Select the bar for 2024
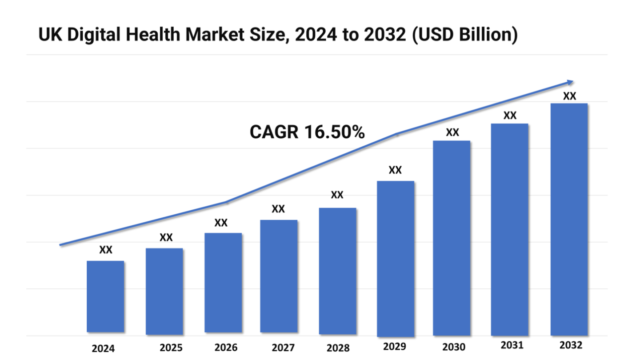(x=105, y=296)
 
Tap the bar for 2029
(x=395, y=258)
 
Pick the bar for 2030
(x=452, y=238)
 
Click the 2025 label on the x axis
(x=171, y=348)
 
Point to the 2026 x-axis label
(x=226, y=348)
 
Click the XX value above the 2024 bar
(x=106, y=250)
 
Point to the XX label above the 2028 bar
(x=337, y=195)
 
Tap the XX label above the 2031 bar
(x=510, y=116)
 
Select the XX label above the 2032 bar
(x=569, y=96)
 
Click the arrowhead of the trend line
(x=569, y=82)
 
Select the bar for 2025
(x=164, y=291)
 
